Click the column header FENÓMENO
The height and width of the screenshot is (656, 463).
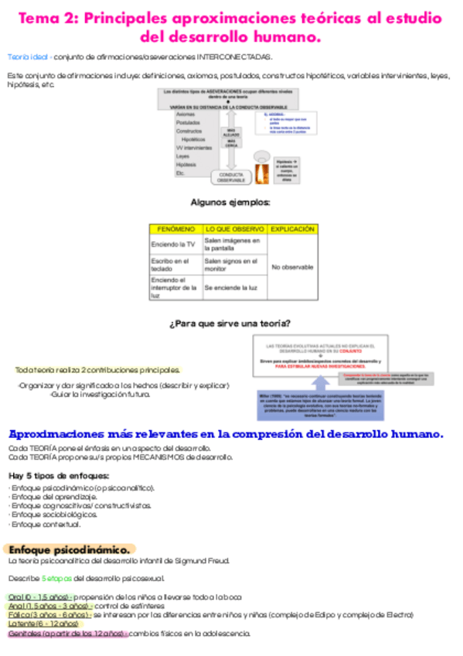pyautogui.click(x=176, y=230)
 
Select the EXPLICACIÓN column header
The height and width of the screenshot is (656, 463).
pyautogui.click(x=293, y=230)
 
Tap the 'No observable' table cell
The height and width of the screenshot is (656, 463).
pyautogui.click(x=293, y=267)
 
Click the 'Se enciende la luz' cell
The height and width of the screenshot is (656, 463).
pyautogui.click(x=230, y=288)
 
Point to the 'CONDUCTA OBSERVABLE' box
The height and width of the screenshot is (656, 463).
pyautogui.click(x=230, y=176)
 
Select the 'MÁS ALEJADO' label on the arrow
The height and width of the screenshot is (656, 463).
pyautogui.click(x=230, y=133)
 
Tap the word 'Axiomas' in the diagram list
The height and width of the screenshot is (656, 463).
pyautogui.click(x=186, y=114)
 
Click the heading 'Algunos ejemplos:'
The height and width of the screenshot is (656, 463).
pyautogui.click(x=230, y=203)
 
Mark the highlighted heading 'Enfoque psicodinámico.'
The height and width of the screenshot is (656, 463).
pyautogui.click(x=70, y=548)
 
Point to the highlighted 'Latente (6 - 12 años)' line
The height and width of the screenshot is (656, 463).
pyautogui.click(x=43, y=624)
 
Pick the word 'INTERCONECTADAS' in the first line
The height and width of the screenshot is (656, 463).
pyautogui.click(x=234, y=56)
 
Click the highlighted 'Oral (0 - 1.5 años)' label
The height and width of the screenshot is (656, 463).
pyautogui.click(x=40, y=597)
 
